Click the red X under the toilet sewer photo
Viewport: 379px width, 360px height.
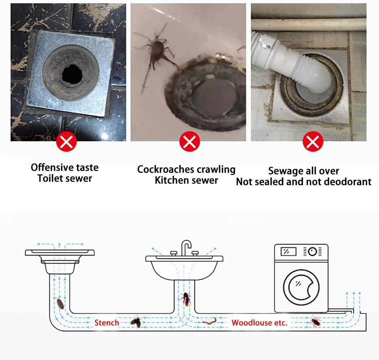(x=67, y=142)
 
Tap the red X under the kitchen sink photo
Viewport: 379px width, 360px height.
(x=189, y=142)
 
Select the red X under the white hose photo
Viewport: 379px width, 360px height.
(x=313, y=142)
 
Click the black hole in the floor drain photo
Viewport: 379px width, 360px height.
(x=72, y=73)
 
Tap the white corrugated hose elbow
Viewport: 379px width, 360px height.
(x=295, y=65)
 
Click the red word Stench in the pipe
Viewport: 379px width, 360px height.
(x=107, y=323)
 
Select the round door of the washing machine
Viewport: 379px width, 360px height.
(x=301, y=287)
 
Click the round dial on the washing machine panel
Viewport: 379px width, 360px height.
(x=312, y=252)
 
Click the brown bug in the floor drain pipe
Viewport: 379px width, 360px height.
(x=60, y=303)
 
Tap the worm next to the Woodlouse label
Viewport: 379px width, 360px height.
(x=209, y=321)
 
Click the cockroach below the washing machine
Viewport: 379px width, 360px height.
(x=316, y=322)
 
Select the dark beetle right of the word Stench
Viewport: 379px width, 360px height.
(x=136, y=321)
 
